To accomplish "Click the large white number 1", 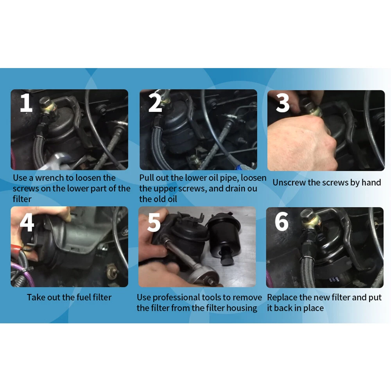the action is [27, 102].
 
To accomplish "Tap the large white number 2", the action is [155, 102].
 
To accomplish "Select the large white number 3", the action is [283, 103].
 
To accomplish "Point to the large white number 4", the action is [27, 222].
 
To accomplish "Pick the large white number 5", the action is [154, 222].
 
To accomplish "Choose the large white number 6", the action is [282, 221].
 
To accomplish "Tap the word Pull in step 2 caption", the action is [147, 178].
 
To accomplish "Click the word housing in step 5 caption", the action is [242, 308].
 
